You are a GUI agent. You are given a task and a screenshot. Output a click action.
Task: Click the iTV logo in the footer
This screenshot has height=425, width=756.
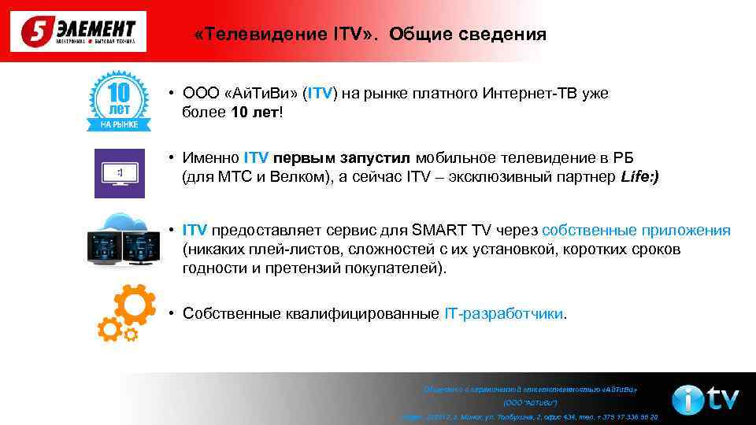tap(705, 400)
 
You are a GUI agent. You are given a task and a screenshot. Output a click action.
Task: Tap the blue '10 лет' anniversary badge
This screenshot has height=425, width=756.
tap(118, 101)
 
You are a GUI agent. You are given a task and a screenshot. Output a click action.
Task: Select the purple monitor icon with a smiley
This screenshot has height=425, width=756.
tap(120, 172)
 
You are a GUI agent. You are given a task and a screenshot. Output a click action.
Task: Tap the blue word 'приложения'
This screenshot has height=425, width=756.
tap(684, 231)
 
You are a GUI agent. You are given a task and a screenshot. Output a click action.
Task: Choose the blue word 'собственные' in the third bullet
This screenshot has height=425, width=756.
tap(587, 231)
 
